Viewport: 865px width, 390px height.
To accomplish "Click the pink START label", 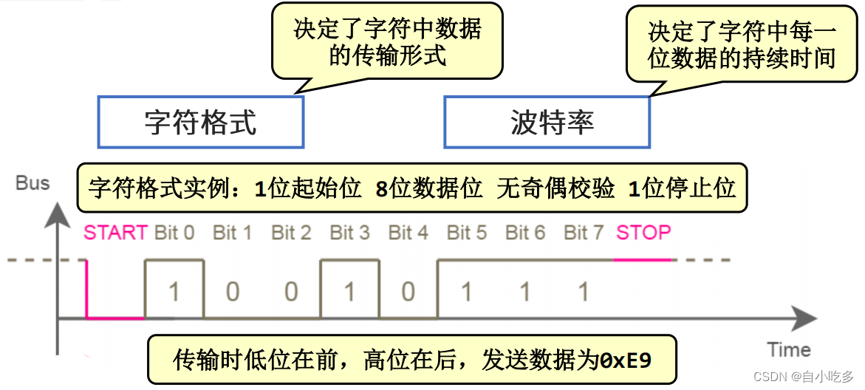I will click(115, 233).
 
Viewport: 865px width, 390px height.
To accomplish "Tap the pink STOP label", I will click(643, 233).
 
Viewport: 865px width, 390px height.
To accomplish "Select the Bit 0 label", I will click(174, 233).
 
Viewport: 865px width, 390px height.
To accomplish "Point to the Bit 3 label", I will click(349, 233).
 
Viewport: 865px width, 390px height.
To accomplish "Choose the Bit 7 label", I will click(584, 233).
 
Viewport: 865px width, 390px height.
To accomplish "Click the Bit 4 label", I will click(408, 233).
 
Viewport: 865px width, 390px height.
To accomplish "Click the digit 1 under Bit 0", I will click(174, 292).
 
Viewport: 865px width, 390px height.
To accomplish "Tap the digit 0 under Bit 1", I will click(233, 292).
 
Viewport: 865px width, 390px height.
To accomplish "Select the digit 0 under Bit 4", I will click(408, 292).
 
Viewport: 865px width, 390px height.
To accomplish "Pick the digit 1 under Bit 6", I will click(524, 292).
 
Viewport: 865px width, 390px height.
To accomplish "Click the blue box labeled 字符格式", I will click(200, 122).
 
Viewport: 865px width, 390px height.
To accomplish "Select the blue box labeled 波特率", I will click(547, 122).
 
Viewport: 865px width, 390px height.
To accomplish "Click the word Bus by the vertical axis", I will click(33, 182).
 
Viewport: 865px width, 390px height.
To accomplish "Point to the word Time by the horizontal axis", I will click(788, 349).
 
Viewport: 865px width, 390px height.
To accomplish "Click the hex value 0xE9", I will click(626, 360).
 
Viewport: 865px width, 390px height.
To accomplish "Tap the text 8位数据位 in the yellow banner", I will click(428, 188).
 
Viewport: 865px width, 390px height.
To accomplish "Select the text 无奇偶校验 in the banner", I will click(555, 188).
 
